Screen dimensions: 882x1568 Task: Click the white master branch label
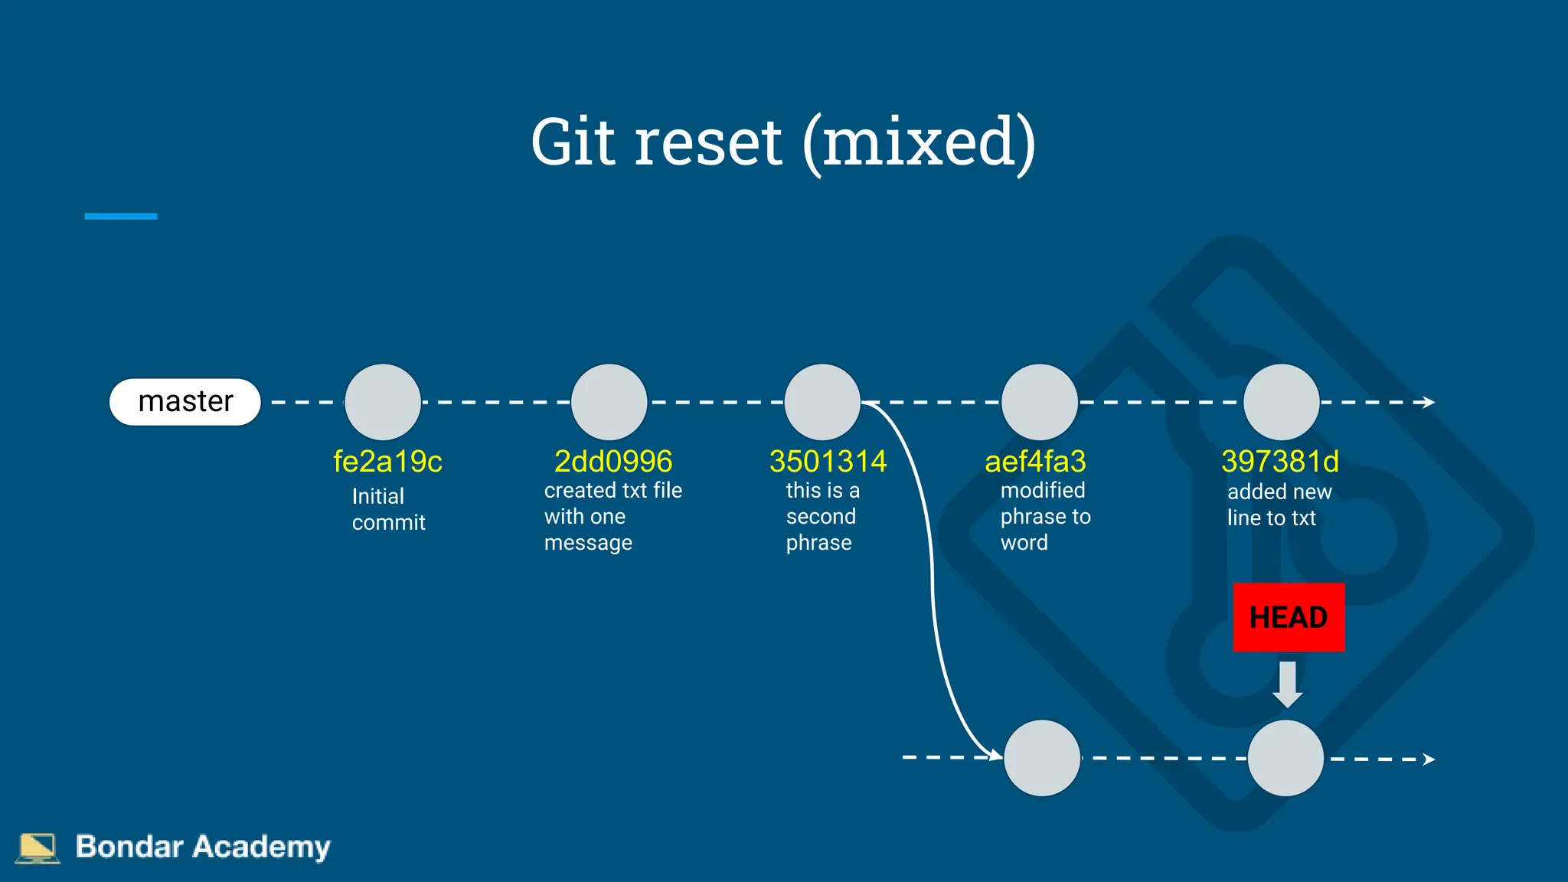[x=185, y=402]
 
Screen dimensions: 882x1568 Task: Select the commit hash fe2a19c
[x=387, y=462]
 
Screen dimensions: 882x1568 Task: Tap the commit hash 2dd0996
[x=613, y=462]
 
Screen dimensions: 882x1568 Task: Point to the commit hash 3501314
[x=828, y=462]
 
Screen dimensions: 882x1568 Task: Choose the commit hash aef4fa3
[x=1035, y=462]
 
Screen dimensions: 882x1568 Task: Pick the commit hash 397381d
[x=1280, y=462]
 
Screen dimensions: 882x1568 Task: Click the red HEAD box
[x=1289, y=617]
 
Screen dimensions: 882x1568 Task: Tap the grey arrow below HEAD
[x=1288, y=684]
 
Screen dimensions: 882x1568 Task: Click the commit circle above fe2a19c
[x=383, y=402]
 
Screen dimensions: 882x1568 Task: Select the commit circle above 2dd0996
[x=609, y=402]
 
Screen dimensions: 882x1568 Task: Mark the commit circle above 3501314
[x=823, y=402]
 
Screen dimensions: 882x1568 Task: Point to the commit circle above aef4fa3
[x=1040, y=402]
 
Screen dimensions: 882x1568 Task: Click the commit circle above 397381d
[x=1282, y=402]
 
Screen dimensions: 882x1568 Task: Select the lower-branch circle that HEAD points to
[x=1285, y=758]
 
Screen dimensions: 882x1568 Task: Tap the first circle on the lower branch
[x=1042, y=758]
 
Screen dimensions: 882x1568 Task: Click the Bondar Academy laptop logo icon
[x=38, y=848]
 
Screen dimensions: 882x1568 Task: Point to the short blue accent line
[x=121, y=217]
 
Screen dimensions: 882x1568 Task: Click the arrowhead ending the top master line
[x=1429, y=402]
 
